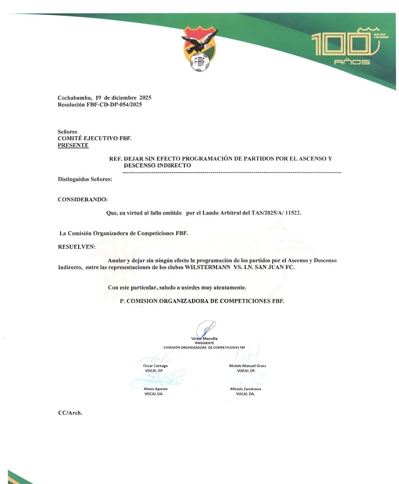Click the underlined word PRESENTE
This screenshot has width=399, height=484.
point(73,145)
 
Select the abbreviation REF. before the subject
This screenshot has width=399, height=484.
point(115,159)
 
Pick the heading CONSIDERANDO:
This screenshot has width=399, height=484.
point(83,199)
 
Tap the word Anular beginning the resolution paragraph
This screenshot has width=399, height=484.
point(116,261)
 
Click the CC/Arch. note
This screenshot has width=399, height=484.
point(71,413)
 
